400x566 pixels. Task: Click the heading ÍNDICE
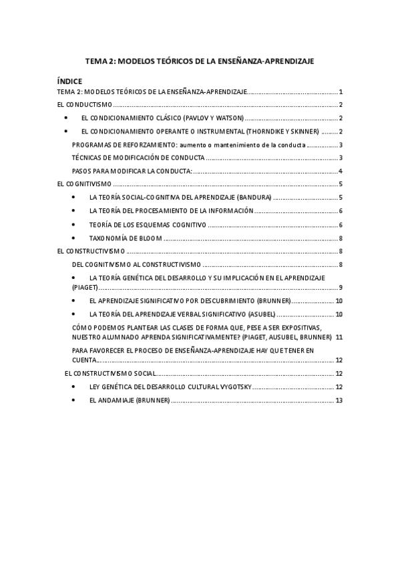(69, 81)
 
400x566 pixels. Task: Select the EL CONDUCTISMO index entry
(83, 105)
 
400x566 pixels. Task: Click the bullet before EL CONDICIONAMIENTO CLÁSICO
(66, 117)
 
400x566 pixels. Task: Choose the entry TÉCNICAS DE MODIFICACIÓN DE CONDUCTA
(138, 158)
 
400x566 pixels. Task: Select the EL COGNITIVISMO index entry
(84, 184)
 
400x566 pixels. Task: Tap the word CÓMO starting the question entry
(81, 328)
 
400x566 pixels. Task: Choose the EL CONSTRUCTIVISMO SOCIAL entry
(111, 373)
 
